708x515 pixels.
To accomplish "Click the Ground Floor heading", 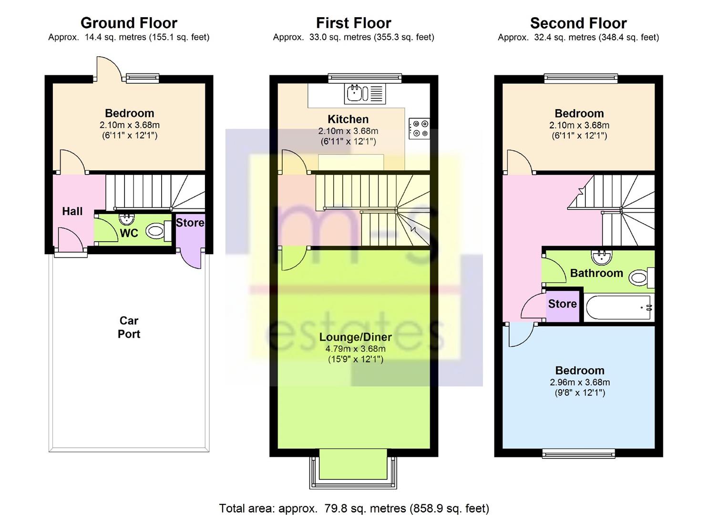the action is coord(129,23).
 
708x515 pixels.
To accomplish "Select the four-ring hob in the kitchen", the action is coord(419,129).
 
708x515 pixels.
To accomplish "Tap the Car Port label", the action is coord(129,327).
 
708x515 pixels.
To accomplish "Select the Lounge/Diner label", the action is coord(355,337).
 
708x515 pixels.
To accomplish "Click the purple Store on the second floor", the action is coord(562,305).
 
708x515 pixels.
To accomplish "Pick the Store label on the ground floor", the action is coord(190,223).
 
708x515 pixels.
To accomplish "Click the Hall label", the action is coord(72,211).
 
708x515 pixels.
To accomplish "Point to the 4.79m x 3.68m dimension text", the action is coord(356,349).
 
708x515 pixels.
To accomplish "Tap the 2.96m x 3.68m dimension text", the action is coord(580,382).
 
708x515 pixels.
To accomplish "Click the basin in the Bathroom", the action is coord(602,257).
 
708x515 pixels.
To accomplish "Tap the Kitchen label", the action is coord(348,119).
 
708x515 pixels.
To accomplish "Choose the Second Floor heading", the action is coord(578,23).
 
